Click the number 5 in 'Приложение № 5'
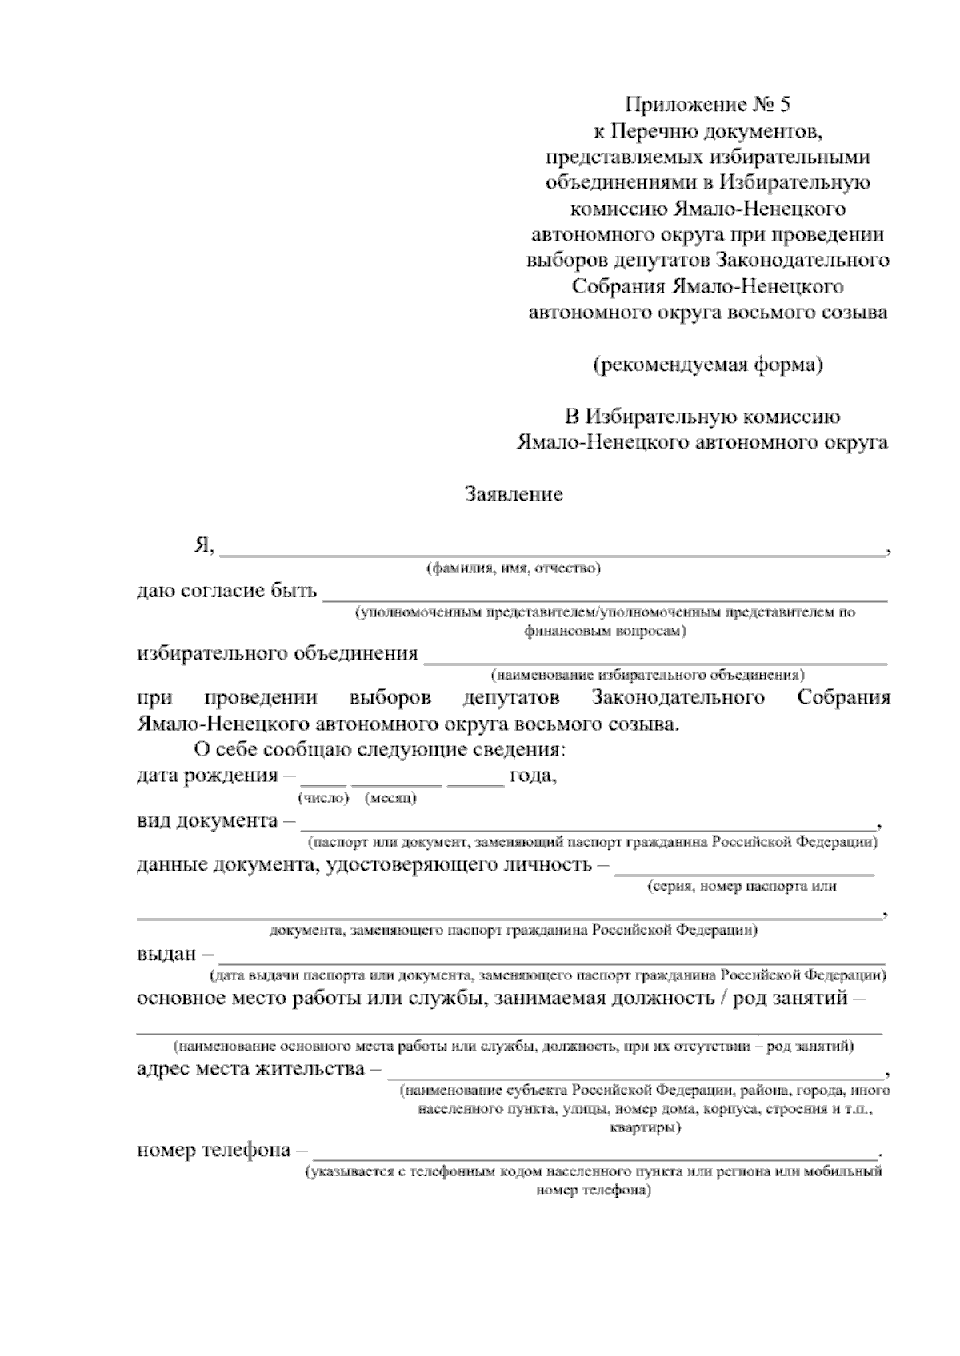[x=783, y=104]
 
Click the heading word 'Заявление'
[x=514, y=495]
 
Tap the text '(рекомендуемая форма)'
[x=708, y=365]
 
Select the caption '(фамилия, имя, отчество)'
[x=513, y=569]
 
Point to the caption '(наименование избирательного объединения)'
[x=648, y=675]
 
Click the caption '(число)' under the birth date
[x=324, y=798]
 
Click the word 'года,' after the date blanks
[x=533, y=776]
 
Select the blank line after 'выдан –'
[x=552, y=957]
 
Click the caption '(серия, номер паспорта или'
[x=742, y=886]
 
